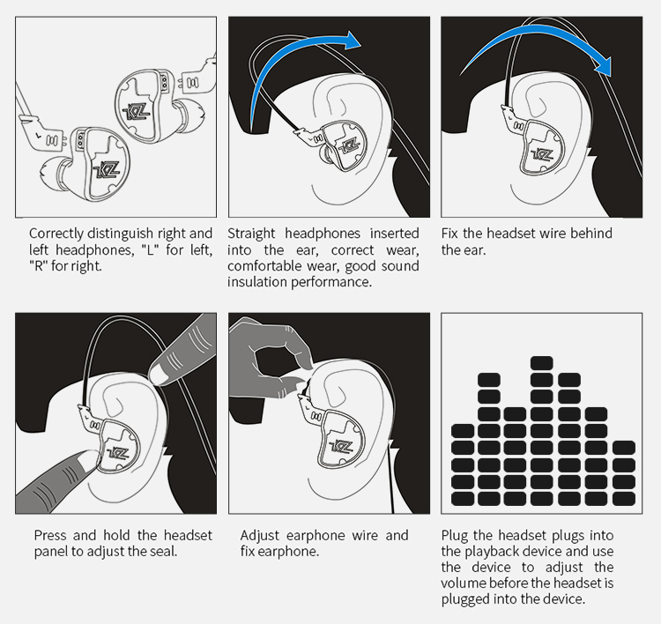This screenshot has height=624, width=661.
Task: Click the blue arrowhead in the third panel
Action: tap(602, 64)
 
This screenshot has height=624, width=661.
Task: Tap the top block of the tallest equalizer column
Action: tap(541, 362)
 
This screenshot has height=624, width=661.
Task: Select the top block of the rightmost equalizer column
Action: tap(623, 447)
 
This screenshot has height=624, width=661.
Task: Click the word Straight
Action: tap(251, 234)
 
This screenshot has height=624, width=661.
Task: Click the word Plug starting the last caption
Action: tap(456, 536)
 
